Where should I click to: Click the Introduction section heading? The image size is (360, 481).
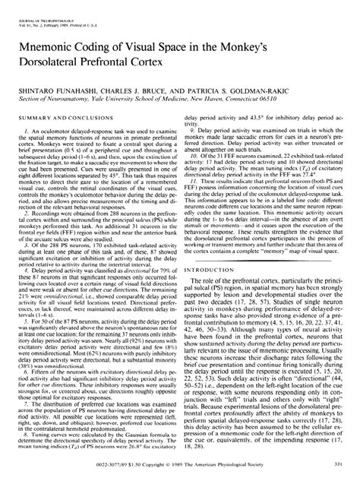click(210, 269)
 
